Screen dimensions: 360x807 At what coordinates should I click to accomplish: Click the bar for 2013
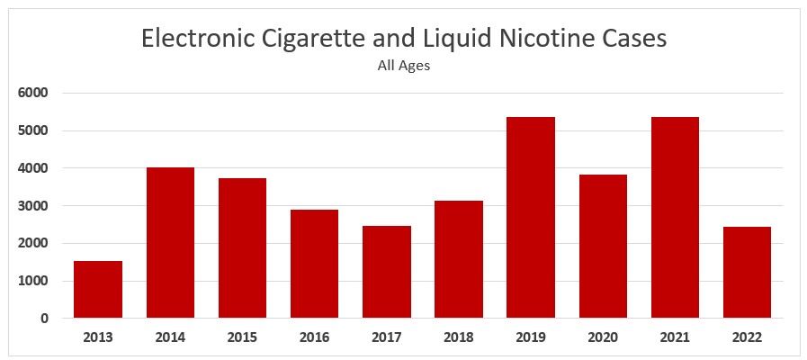(98, 289)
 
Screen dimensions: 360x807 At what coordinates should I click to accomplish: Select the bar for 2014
(170, 243)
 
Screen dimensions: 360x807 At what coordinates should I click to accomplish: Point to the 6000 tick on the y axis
(34, 93)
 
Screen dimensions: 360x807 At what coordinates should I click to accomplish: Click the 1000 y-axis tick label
(34, 281)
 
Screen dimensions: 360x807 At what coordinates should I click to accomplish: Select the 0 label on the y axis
(44, 319)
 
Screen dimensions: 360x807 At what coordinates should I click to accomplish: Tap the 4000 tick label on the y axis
(34, 168)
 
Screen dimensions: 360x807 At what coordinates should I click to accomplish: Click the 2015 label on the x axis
(242, 337)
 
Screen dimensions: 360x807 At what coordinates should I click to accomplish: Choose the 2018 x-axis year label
(459, 337)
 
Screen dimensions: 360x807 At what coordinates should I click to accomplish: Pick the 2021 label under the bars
(675, 337)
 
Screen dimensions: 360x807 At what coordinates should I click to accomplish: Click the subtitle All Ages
(404, 65)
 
